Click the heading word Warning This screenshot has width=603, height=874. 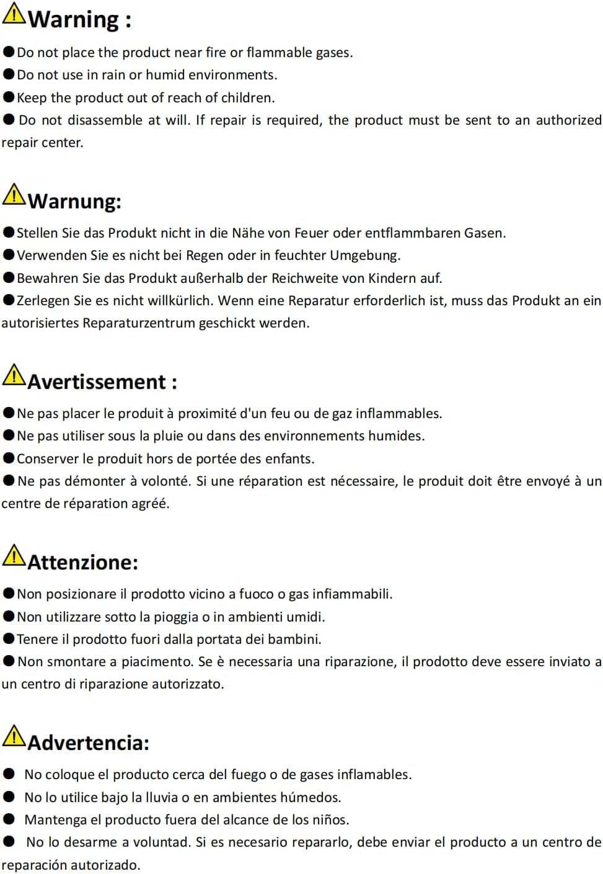[73, 19]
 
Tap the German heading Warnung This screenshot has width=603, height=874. [74, 201]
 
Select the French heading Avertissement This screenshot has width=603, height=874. [97, 381]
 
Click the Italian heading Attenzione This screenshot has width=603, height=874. [82, 562]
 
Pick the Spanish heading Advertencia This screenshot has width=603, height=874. [88, 742]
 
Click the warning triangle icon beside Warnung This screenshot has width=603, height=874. [14, 194]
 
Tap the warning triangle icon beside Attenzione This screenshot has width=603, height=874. [14, 555]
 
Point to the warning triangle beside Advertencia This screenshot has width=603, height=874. [14, 736]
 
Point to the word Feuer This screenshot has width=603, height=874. [312, 233]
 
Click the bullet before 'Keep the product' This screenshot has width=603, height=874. [9, 97]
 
